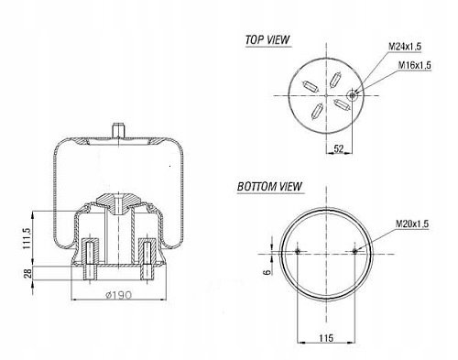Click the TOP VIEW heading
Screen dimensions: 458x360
[x=267, y=39]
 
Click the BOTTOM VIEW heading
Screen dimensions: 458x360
[x=269, y=186]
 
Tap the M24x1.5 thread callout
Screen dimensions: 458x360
[x=405, y=47]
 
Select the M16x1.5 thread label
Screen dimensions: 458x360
[x=414, y=65]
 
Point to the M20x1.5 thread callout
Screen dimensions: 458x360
[x=412, y=224]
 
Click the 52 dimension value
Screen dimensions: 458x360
[x=339, y=148]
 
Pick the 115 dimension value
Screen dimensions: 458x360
[x=326, y=338]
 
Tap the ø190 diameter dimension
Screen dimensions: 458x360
[x=118, y=295]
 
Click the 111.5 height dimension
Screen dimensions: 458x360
[x=27, y=238]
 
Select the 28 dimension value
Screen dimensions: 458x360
[x=27, y=273]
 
